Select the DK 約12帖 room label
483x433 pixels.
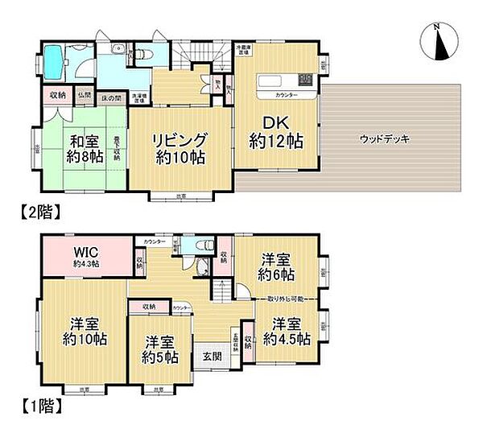pos(276,130)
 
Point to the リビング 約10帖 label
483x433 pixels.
pos(182,148)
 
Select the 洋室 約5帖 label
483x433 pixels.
pos(159,348)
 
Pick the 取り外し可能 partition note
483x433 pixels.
pos(278,299)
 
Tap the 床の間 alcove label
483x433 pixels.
pos(112,97)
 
